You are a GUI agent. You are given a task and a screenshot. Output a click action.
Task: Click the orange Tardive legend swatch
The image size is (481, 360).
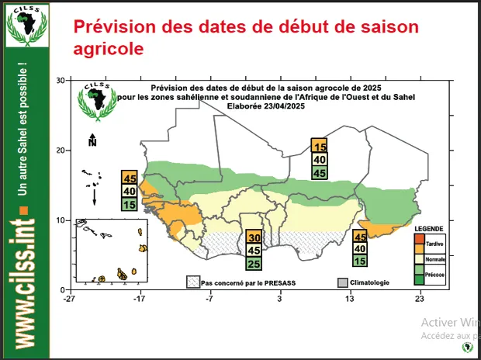tap(420, 243)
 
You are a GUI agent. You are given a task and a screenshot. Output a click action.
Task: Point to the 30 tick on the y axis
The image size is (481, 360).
tap(59, 81)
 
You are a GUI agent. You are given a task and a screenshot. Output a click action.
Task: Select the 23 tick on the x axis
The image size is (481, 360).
tap(420, 297)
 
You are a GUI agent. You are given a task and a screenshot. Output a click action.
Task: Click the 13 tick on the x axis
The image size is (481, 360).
tap(350, 297)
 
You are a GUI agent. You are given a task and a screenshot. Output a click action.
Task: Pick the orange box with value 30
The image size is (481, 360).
tap(253, 238)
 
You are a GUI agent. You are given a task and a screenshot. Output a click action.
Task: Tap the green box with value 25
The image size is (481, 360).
tap(253, 264)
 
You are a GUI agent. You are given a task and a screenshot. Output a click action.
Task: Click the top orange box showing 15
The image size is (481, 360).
tap(319, 146)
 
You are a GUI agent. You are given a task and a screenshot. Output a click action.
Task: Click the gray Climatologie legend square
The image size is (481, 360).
tap(343, 282)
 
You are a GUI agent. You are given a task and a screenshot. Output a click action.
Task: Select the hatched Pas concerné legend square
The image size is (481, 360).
tap(192, 282)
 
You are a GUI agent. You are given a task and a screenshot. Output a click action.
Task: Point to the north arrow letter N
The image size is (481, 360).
tap(92, 142)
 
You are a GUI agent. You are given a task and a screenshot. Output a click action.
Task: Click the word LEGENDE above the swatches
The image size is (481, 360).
tap(428, 230)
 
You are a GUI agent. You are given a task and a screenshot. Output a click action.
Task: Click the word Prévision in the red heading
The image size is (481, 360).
tap(110, 26)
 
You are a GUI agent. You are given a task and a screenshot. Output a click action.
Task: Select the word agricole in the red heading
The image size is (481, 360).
tap(109, 48)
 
